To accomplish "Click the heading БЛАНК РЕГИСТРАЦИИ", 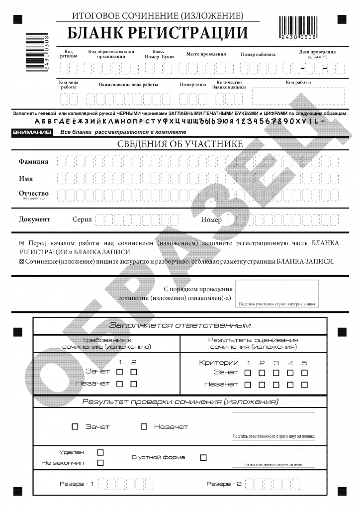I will point(158,33).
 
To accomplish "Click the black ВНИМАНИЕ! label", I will point(32,132).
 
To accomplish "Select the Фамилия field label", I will point(33,161).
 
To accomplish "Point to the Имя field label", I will point(26,178).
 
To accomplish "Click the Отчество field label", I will point(33,193).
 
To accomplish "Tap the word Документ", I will point(34,219).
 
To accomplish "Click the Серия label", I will point(82,219).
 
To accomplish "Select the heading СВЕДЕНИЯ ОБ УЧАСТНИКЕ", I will point(180,144).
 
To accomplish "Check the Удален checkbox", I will point(100,452).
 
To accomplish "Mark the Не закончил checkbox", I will point(100,463).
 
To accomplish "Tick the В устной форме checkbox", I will point(203,457).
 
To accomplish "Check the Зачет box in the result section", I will point(75,426).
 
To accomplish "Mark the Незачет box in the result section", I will point(144,426).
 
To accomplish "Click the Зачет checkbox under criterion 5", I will point(304,372).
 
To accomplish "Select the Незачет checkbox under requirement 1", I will point(119,384).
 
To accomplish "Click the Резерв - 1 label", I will point(77,484).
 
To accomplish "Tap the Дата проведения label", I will point(317,52).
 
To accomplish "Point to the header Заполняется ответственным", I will point(180,325).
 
